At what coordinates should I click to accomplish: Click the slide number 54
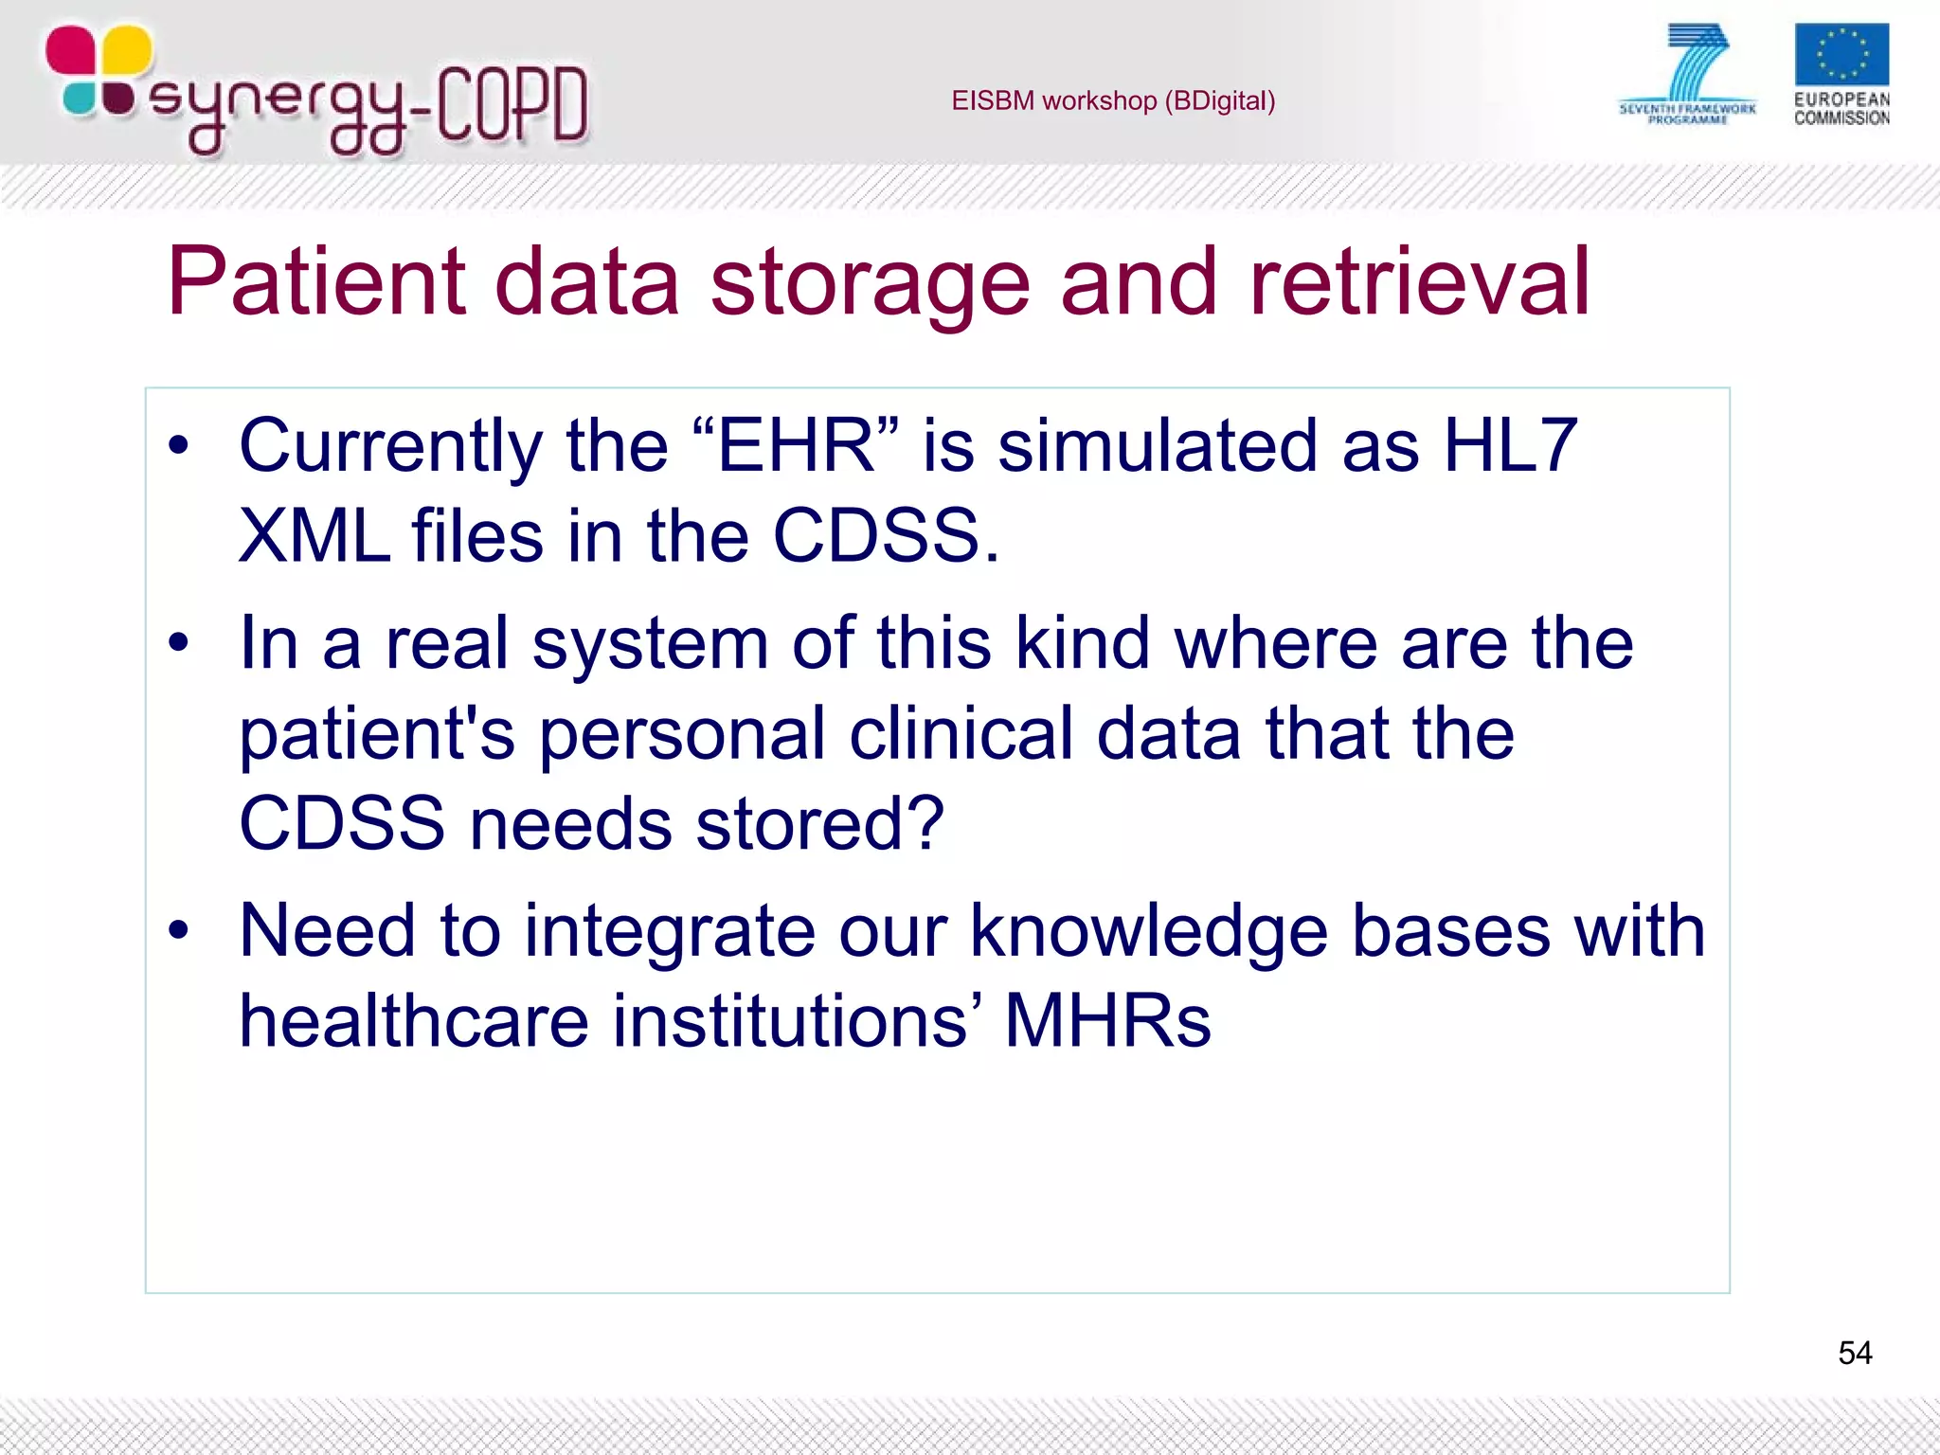click(1854, 1353)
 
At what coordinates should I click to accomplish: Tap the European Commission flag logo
click(1841, 56)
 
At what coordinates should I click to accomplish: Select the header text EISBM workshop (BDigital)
click(1113, 100)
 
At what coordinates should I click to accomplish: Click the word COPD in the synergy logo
click(512, 104)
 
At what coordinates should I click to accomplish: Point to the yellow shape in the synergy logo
click(126, 49)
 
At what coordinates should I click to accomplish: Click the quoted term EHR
click(796, 445)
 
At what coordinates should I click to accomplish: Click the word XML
click(314, 536)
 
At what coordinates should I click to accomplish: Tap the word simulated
click(1157, 445)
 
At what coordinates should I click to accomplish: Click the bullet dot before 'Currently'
click(178, 447)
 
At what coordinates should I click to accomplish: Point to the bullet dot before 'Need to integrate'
click(178, 932)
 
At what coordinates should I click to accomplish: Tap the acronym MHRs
click(1107, 1021)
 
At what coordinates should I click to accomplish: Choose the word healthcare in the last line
click(414, 1021)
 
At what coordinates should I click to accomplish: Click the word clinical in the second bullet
click(961, 734)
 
